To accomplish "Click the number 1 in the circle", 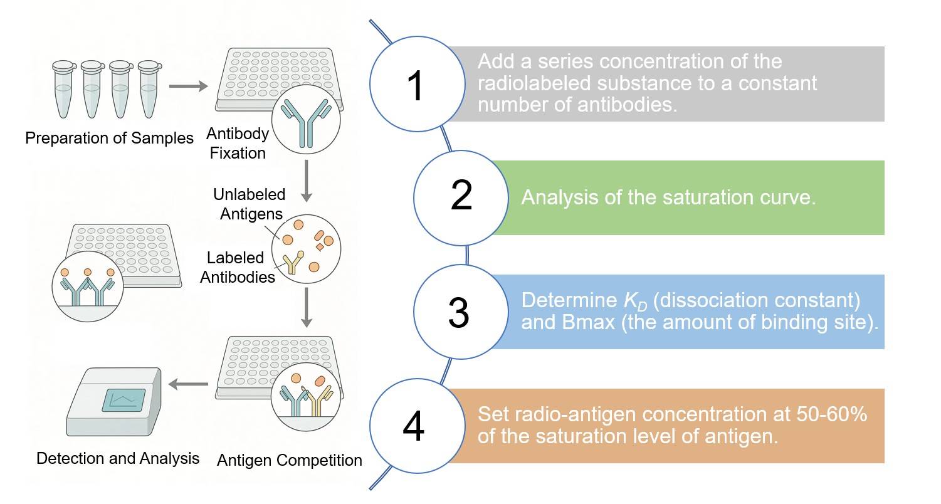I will [416, 86].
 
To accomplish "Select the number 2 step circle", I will [461, 196].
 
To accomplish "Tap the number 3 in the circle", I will [459, 312].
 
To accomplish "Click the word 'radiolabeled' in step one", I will [533, 83].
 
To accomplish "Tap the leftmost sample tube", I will [64, 89].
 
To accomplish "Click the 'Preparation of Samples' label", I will [109, 138].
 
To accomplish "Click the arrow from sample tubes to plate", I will [188, 87].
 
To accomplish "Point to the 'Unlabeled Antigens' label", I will [249, 204].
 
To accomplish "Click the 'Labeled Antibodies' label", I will [237, 267].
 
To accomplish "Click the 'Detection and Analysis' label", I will [118, 458].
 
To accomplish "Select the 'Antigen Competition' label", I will [289, 460].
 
